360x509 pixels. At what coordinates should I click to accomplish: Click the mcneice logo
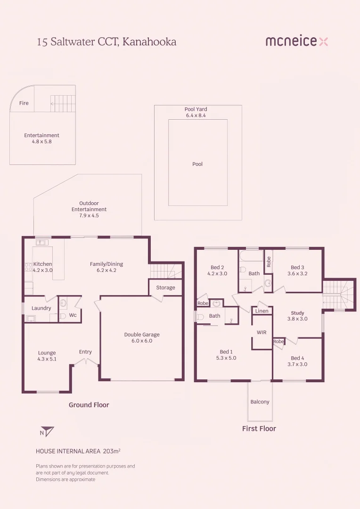[x=297, y=41]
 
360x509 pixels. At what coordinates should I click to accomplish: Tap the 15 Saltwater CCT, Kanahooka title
[x=106, y=42]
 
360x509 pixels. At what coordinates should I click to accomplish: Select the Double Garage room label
[x=142, y=334]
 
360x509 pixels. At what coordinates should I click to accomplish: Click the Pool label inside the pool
[x=197, y=164]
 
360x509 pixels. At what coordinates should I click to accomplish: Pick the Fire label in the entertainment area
[x=24, y=103]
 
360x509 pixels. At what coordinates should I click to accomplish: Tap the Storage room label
[x=165, y=287]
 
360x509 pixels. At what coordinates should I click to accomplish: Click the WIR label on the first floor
[x=262, y=332]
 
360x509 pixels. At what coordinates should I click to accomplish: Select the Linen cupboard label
[x=262, y=311]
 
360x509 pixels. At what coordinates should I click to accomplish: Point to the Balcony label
[x=260, y=402]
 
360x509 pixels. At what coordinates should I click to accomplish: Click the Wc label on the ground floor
[x=73, y=315]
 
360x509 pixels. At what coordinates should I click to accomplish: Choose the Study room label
[x=297, y=313]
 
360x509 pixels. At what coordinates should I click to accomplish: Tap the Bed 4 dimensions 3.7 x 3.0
[x=297, y=364]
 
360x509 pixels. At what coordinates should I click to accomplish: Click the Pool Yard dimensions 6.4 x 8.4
[x=196, y=115]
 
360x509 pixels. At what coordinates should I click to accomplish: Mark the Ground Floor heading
[x=89, y=405]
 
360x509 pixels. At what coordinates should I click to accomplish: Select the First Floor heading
[x=259, y=428]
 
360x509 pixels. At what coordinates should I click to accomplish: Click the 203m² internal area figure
[x=112, y=451]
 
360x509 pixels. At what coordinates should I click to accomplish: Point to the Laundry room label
[x=41, y=308]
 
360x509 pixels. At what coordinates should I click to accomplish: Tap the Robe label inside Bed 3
[x=269, y=262]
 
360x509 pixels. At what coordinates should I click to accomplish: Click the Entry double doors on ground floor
[x=86, y=362]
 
